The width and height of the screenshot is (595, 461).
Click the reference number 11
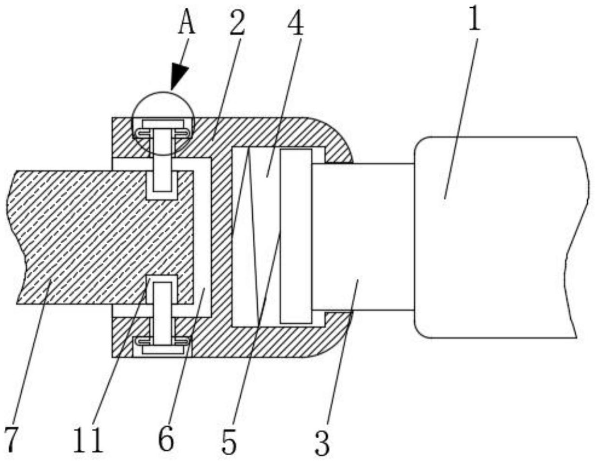point(88,440)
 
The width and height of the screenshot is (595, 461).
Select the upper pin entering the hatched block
point(163,160)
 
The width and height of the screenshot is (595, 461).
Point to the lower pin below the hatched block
point(163,313)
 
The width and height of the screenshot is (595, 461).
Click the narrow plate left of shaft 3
point(296,237)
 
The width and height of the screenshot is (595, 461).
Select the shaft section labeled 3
point(363,237)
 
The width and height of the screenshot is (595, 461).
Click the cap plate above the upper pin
point(163,124)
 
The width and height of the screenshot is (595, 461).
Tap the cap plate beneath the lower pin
point(163,349)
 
